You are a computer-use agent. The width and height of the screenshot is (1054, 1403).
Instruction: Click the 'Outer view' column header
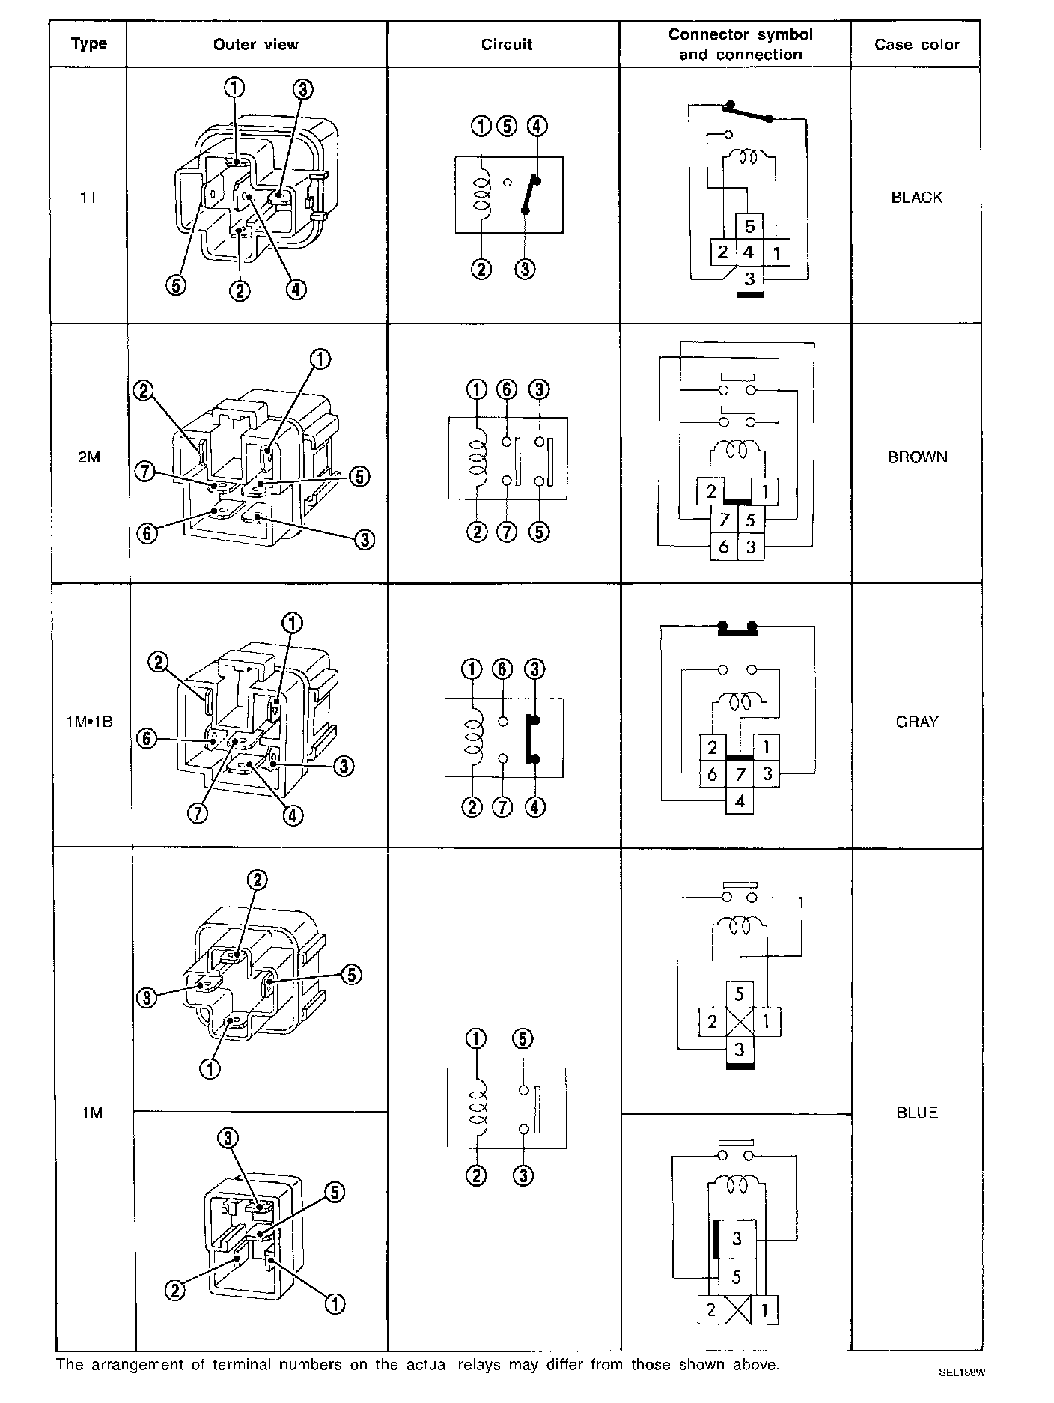tap(255, 45)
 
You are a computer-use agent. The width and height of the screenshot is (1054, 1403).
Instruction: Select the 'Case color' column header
tap(916, 45)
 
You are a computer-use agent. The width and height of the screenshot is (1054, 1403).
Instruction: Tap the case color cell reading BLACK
tap(916, 198)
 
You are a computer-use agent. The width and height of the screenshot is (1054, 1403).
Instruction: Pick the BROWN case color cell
tap(917, 457)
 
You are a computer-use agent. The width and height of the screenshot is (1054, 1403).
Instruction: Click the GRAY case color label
tap(916, 722)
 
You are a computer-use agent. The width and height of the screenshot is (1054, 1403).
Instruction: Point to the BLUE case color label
tap(916, 1113)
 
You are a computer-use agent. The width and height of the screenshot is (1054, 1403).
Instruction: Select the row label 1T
tap(89, 198)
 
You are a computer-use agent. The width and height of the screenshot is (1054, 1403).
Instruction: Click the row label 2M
tap(89, 457)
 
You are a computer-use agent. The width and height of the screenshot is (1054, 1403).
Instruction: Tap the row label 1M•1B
tap(89, 722)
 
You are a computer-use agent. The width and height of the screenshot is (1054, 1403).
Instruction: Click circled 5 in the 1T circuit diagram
tap(508, 126)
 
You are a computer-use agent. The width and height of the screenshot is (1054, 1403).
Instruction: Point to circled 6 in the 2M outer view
tap(148, 534)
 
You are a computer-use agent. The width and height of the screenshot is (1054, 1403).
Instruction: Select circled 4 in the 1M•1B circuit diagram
tap(534, 807)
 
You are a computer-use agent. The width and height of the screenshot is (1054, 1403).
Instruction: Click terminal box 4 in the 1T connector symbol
tap(749, 252)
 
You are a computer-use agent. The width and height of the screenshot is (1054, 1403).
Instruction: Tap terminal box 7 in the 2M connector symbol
tap(724, 519)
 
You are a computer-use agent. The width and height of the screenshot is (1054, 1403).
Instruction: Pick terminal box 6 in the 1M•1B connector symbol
tap(712, 774)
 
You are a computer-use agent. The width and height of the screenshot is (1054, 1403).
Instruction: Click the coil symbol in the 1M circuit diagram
tap(476, 1108)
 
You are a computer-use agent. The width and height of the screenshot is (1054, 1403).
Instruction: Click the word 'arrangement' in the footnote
tap(134, 1365)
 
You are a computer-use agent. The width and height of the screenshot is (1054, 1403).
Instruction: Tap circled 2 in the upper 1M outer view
tap(257, 880)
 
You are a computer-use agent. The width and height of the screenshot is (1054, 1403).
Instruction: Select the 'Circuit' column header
tap(506, 45)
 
